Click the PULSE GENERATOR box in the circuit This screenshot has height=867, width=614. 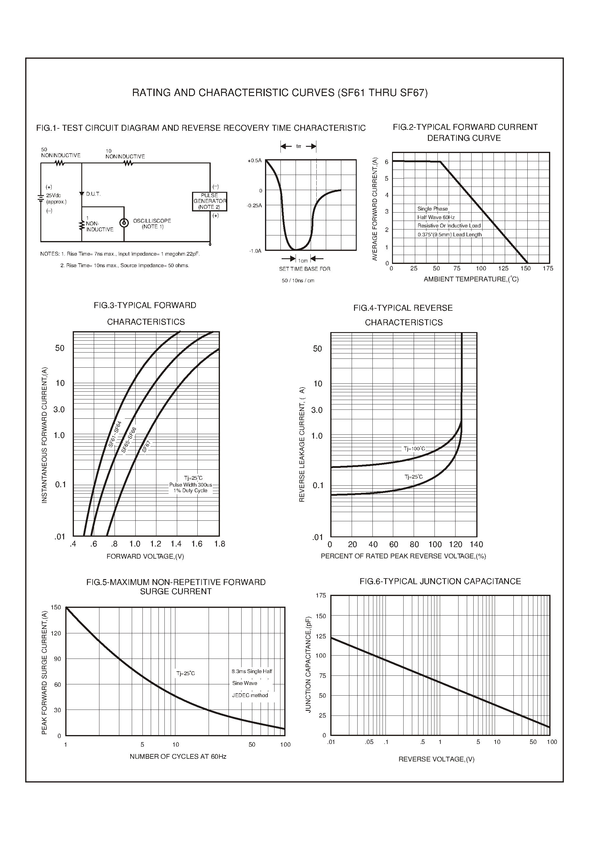click(x=210, y=201)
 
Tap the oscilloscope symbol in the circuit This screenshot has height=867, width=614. click(x=124, y=223)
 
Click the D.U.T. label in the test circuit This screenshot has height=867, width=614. click(x=93, y=194)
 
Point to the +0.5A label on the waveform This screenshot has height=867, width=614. click(x=254, y=160)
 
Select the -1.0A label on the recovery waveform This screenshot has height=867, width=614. click(x=255, y=251)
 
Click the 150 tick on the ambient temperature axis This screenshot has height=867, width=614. click(x=526, y=269)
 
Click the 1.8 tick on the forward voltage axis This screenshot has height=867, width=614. click(x=219, y=544)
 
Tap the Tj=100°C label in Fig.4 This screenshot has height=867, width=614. click(x=414, y=449)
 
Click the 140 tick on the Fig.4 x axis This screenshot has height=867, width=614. click(x=476, y=544)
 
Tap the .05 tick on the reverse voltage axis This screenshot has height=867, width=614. click(x=369, y=742)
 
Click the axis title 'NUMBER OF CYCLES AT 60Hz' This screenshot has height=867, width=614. click(x=178, y=756)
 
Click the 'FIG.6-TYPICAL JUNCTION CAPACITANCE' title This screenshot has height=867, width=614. click(x=440, y=581)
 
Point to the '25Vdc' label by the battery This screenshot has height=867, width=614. click(x=53, y=196)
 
